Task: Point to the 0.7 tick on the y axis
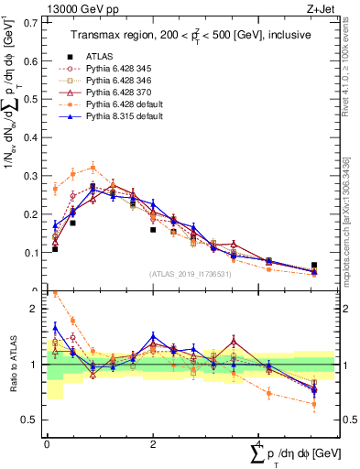(34, 18)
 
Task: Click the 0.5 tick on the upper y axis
(34, 96)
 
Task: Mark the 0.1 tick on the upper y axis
(34, 252)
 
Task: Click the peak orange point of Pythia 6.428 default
(93, 168)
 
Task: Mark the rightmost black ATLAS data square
(314, 265)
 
